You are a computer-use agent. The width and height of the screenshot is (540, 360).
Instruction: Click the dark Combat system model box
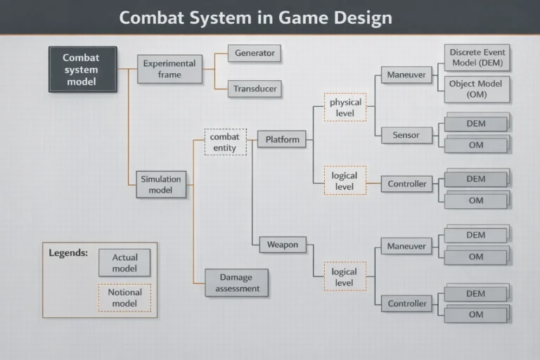click(x=83, y=69)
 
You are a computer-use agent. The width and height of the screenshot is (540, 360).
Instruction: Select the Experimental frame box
click(x=169, y=69)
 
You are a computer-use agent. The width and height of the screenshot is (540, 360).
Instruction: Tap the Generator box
click(x=255, y=53)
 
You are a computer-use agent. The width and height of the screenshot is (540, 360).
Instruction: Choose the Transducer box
click(x=255, y=89)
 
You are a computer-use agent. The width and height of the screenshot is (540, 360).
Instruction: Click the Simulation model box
click(x=161, y=184)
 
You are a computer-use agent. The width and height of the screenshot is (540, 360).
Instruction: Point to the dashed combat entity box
click(x=225, y=142)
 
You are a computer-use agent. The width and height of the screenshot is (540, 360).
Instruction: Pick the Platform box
click(x=282, y=139)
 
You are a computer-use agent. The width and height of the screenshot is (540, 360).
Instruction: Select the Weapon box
click(x=283, y=245)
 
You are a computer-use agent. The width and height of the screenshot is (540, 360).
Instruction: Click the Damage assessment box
click(x=236, y=283)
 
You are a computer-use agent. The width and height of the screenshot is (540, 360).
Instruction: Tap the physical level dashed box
click(x=345, y=107)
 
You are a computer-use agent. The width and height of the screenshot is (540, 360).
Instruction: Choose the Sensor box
click(x=406, y=135)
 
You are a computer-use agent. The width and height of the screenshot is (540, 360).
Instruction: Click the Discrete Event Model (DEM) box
click(x=477, y=58)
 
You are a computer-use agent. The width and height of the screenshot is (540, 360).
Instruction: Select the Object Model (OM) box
click(x=477, y=89)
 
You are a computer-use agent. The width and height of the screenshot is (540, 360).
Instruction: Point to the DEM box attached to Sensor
click(x=476, y=124)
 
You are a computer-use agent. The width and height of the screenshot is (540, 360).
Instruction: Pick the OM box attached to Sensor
click(x=476, y=145)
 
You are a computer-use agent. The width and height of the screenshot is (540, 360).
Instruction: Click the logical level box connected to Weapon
click(x=345, y=276)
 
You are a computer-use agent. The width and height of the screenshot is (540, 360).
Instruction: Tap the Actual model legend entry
click(x=124, y=262)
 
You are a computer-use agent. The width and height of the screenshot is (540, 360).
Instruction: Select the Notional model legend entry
click(x=124, y=297)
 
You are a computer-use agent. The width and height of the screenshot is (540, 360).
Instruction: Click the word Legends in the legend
click(x=68, y=253)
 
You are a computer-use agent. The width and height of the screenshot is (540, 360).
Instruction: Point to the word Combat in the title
click(x=152, y=18)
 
